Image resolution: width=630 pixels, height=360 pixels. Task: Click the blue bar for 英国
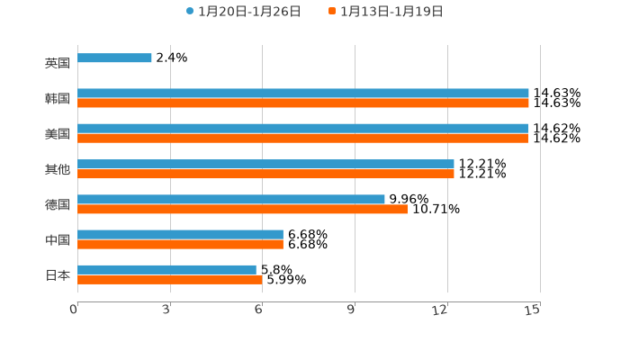tap(114, 58)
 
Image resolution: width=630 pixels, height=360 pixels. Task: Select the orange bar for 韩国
tap(302, 103)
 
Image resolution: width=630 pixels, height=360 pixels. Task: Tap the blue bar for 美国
tap(302, 129)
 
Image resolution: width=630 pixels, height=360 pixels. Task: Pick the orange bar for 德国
tap(242, 209)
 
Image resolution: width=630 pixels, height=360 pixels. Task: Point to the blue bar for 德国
tap(231, 199)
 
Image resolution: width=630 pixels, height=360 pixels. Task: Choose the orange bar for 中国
tap(180, 244)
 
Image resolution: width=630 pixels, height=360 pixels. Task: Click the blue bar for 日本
tap(166, 269)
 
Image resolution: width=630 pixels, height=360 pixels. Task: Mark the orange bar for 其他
tap(265, 174)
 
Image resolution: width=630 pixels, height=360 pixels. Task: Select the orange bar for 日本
tap(170, 279)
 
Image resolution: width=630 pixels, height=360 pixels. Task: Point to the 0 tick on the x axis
tap(74, 310)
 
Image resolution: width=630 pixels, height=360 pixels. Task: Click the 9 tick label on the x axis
tap(352, 310)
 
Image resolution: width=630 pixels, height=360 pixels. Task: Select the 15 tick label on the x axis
tap(533, 310)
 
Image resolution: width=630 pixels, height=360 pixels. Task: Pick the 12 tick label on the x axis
tap(440, 310)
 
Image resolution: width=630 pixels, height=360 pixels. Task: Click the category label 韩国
tap(58, 98)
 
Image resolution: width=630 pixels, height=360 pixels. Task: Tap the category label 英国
tap(58, 63)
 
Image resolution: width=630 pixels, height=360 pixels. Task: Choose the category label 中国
tap(58, 239)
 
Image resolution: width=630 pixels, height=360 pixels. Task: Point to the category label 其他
tap(58, 169)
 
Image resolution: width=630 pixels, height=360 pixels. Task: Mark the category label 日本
tap(58, 274)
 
